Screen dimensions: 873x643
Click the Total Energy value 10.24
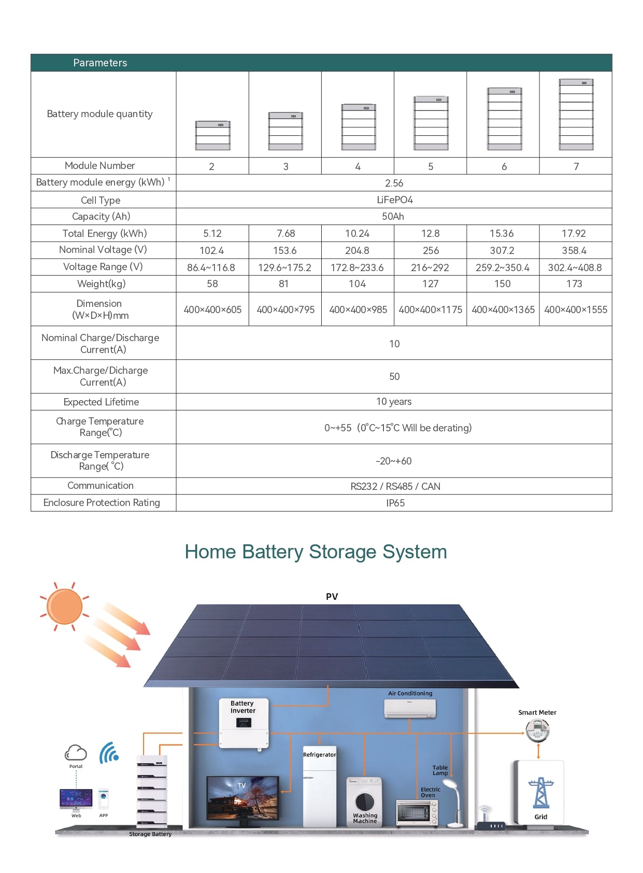[x=357, y=233]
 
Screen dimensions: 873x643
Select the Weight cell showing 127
[x=430, y=284]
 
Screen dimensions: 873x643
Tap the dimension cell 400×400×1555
[x=575, y=309]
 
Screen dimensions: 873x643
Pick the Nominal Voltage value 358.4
[x=574, y=250]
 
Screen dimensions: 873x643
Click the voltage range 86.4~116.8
[x=211, y=267]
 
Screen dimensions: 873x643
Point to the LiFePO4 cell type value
[x=394, y=200]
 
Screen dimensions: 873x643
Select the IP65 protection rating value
[x=395, y=503]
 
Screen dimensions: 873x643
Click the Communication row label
[x=101, y=486]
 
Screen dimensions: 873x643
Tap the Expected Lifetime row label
[x=101, y=402]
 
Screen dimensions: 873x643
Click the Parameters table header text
[x=100, y=63]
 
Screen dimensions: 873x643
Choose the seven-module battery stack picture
[x=576, y=115]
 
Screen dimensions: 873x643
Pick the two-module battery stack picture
[x=212, y=135]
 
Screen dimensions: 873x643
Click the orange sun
[x=64, y=606]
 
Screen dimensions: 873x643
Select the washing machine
[x=364, y=801]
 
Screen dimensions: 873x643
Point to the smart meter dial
[x=537, y=731]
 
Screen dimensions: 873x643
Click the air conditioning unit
[x=410, y=708]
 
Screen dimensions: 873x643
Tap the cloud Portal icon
[x=76, y=752]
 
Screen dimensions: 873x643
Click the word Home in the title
[x=210, y=552]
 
